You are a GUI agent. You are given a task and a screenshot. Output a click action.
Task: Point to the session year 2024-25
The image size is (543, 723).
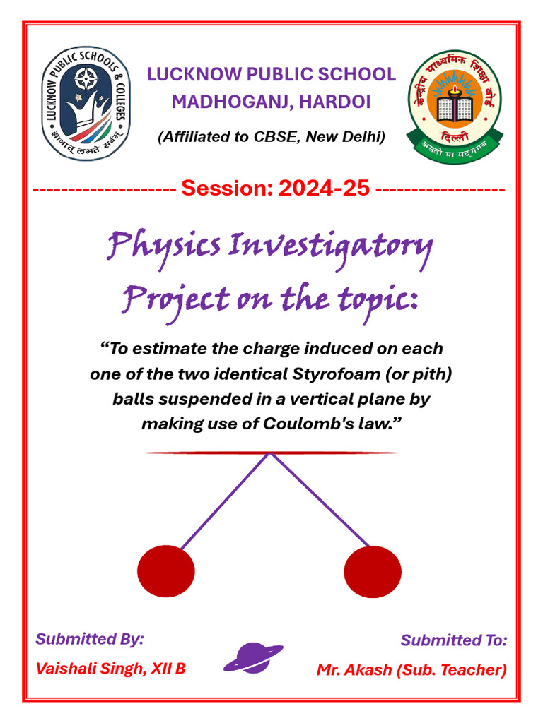coord(324,189)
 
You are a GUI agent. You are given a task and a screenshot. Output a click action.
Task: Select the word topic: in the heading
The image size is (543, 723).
coord(380,300)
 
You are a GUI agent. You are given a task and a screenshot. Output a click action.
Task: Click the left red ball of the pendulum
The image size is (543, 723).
coord(165,571)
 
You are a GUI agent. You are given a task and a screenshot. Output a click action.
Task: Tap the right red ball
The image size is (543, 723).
coord(373,571)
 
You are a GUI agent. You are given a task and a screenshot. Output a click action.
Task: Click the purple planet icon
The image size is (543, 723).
coord(253,657)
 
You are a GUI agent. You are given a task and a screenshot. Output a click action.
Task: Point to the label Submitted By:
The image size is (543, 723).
coord(90,639)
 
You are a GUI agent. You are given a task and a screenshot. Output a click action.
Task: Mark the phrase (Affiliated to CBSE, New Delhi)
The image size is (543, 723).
coord(271,137)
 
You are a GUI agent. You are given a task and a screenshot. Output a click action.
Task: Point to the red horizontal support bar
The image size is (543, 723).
coord(271,453)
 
